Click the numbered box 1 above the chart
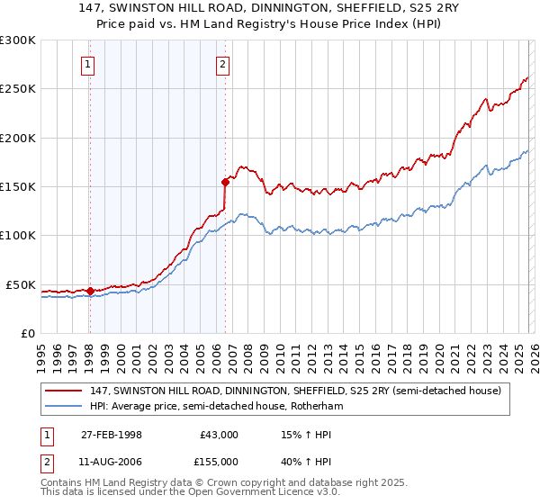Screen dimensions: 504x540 [88, 64]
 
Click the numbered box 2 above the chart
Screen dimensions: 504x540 [222, 64]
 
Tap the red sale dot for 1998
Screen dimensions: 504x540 [90, 291]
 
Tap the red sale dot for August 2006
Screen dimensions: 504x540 [224, 181]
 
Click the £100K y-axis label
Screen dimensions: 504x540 [18, 236]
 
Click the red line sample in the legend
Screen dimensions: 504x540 [64, 391]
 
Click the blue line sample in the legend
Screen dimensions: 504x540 [64, 407]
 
